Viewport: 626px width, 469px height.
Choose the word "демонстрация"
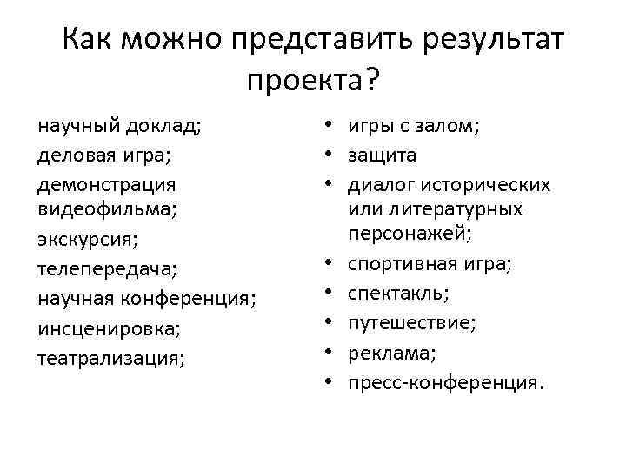[x=107, y=185]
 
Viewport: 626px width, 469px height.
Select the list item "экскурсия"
[x=88, y=240]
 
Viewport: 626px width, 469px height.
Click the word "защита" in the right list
[x=383, y=155]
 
